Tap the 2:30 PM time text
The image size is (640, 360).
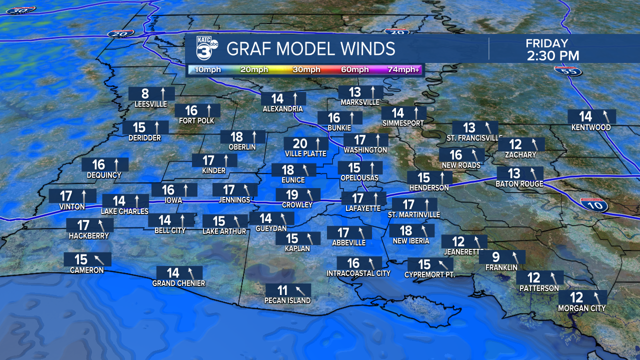coord(553,55)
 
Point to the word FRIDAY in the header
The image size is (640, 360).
coord(547,43)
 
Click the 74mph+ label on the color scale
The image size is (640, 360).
coord(404,69)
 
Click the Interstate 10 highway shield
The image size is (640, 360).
coord(601,204)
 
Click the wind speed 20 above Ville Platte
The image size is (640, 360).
coord(300,144)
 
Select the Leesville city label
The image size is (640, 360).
coord(150,104)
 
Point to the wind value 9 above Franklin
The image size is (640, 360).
coord(496,257)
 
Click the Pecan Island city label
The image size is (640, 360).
coord(287,300)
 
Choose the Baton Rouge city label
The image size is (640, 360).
coord(519,184)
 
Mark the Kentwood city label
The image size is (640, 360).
coord(591,127)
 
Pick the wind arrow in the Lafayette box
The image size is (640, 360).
coord(375,198)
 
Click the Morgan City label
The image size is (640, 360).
coord(581,308)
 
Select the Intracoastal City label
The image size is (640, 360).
coord(358,273)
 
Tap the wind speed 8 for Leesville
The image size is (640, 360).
coord(145,93)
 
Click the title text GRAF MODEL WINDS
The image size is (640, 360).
coord(311,49)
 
